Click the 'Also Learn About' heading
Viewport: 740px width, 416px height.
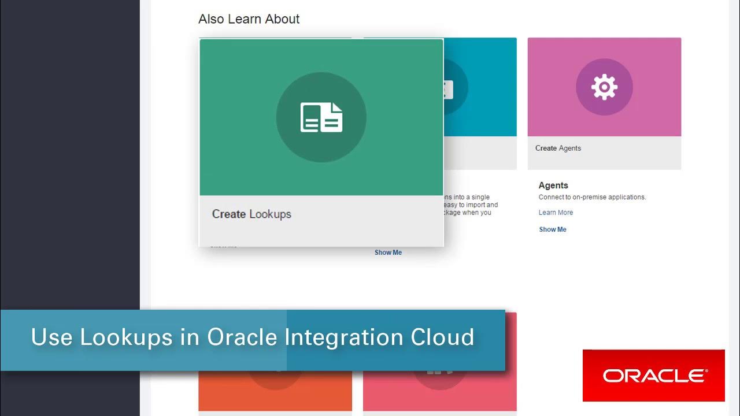point(249,19)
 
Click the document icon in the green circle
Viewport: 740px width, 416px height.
point(321,117)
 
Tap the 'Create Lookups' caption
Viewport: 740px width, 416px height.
point(251,214)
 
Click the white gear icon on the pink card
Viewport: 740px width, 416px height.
point(604,87)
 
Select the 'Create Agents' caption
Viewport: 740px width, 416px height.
point(558,148)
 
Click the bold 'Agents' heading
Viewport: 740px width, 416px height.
point(553,185)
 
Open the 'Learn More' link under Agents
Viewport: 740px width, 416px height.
point(556,213)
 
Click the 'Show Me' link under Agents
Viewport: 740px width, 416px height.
point(553,229)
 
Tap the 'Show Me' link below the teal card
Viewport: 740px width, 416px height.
point(388,252)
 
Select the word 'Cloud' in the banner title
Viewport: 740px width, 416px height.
point(442,337)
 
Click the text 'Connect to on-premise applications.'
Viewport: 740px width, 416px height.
point(592,197)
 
